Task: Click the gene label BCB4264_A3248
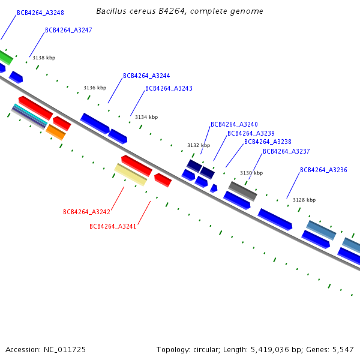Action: coord(40,13)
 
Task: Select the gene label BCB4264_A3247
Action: coord(68,30)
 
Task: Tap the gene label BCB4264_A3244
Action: coord(146,76)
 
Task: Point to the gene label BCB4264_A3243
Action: coord(169,89)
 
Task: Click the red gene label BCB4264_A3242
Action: coord(86,212)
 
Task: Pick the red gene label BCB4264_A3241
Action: coord(113,226)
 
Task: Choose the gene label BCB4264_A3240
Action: coord(234,125)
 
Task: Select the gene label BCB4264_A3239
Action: coord(251,133)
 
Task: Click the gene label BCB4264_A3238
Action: coord(268,142)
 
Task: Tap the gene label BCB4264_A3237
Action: coord(286,152)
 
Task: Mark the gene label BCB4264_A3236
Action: coord(323,170)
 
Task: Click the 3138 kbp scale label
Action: coord(44,58)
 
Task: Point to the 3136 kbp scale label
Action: coord(95,88)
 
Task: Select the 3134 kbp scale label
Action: coord(146,118)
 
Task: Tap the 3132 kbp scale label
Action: coord(199,146)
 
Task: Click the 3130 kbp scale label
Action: coord(251,173)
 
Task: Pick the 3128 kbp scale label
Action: coord(304,200)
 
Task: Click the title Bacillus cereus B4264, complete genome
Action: coord(179,11)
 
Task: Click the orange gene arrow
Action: coord(56,132)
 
